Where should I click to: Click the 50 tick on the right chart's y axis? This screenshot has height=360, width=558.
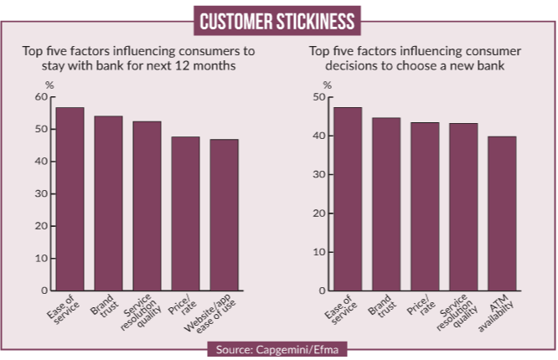click(318, 97)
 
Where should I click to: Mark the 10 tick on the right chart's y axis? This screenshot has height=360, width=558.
click(318, 252)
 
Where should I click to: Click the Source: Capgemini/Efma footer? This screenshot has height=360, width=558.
click(279, 347)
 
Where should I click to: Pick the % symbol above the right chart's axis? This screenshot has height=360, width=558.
click(327, 85)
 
